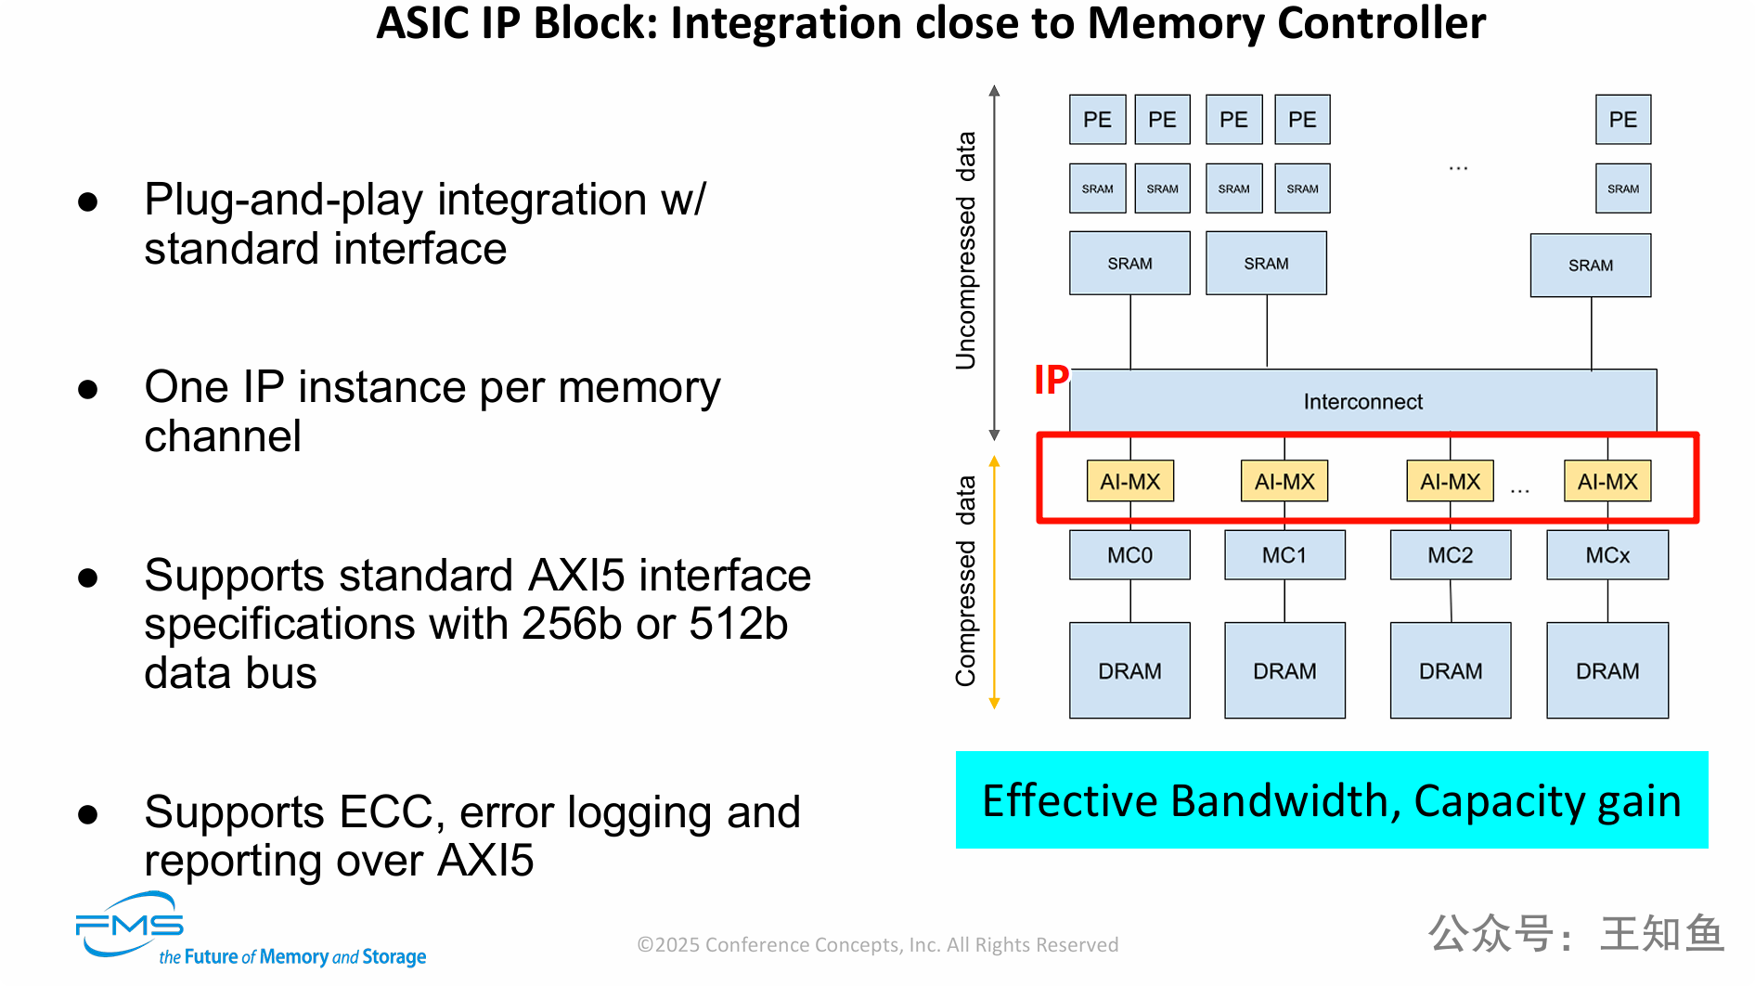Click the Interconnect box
coord(1362,401)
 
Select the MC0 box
coord(1129,555)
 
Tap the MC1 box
coord(1284,555)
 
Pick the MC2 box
coord(1450,555)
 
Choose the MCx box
coord(1607,555)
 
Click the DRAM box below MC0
coord(1129,670)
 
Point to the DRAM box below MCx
coord(1607,670)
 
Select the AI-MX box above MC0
coord(1129,482)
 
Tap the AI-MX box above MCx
coord(1607,482)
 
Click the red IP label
coord(1052,380)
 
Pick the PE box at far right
coord(1623,120)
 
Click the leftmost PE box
coord(1097,120)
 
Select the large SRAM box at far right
coord(1591,266)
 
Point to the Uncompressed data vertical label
coord(966,251)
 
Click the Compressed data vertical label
coord(966,581)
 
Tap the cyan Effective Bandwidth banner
coord(1332,800)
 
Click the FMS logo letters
coord(130,926)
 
